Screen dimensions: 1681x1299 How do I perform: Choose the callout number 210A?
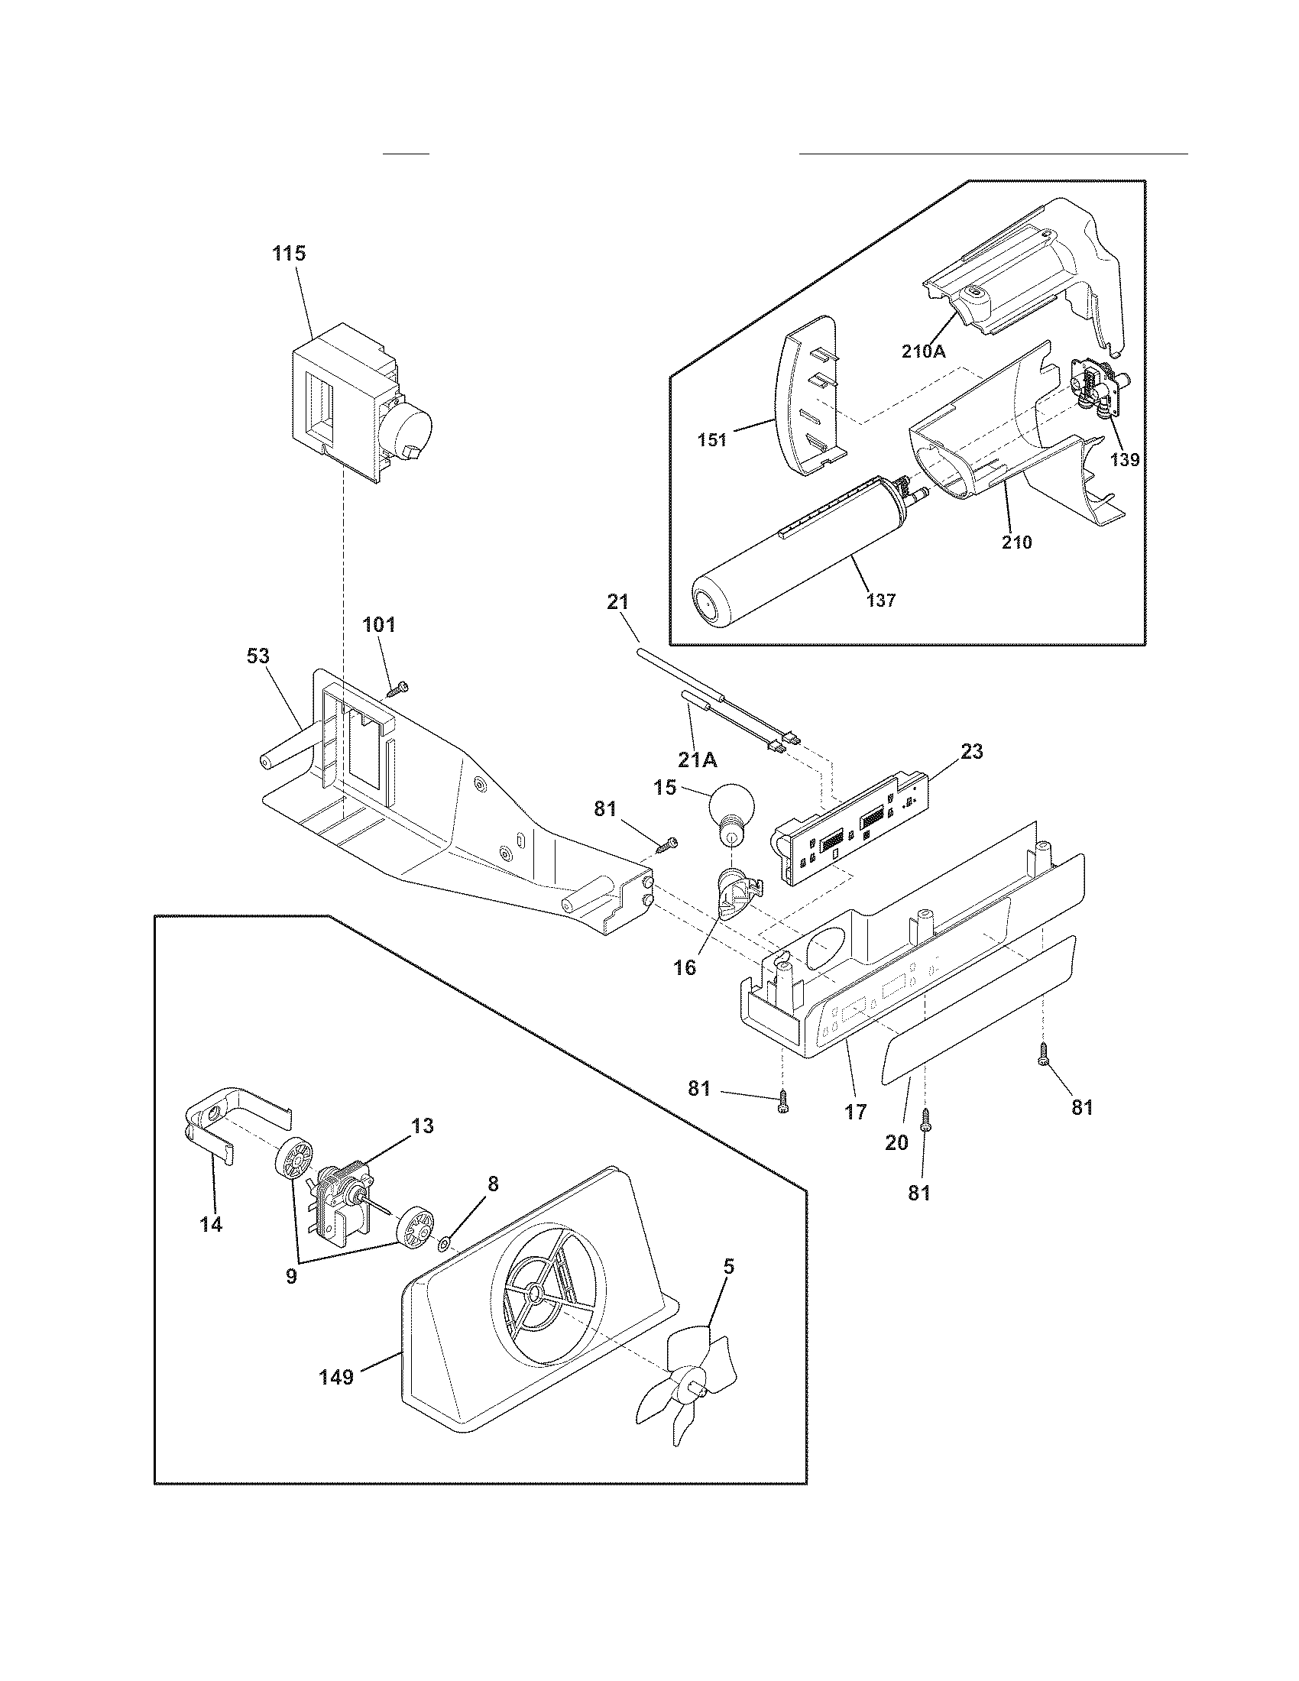924,351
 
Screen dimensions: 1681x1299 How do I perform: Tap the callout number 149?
336,1377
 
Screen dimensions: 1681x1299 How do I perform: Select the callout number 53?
258,656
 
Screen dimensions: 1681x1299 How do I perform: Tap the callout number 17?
855,1112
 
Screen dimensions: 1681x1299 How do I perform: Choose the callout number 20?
896,1143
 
